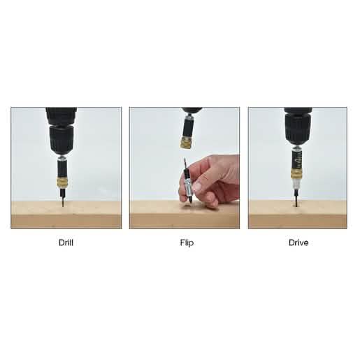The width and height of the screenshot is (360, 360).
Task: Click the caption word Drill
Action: click(x=66, y=243)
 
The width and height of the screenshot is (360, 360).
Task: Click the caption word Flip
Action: click(x=187, y=243)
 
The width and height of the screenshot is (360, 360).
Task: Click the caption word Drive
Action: click(x=298, y=243)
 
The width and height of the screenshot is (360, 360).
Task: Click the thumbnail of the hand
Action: click(x=198, y=187)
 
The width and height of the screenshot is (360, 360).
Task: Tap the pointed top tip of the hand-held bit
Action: click(x=185, y=158)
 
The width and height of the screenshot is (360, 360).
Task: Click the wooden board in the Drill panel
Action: click(x=66, y=215)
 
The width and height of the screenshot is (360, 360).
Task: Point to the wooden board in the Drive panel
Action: click(x=298, y=215)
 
